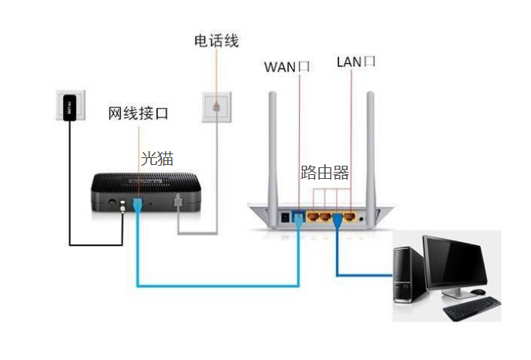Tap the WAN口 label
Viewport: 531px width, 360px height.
(x=286, y=66)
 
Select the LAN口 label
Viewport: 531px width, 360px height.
(x=355, y=62)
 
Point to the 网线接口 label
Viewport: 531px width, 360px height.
(x=138, y=114)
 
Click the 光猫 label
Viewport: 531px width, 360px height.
(x=157, y=160)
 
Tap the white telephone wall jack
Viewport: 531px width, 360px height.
(x=217, y=106)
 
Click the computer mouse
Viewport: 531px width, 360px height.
(x=479, y=291)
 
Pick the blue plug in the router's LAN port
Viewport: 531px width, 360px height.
(x=338, y=220)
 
